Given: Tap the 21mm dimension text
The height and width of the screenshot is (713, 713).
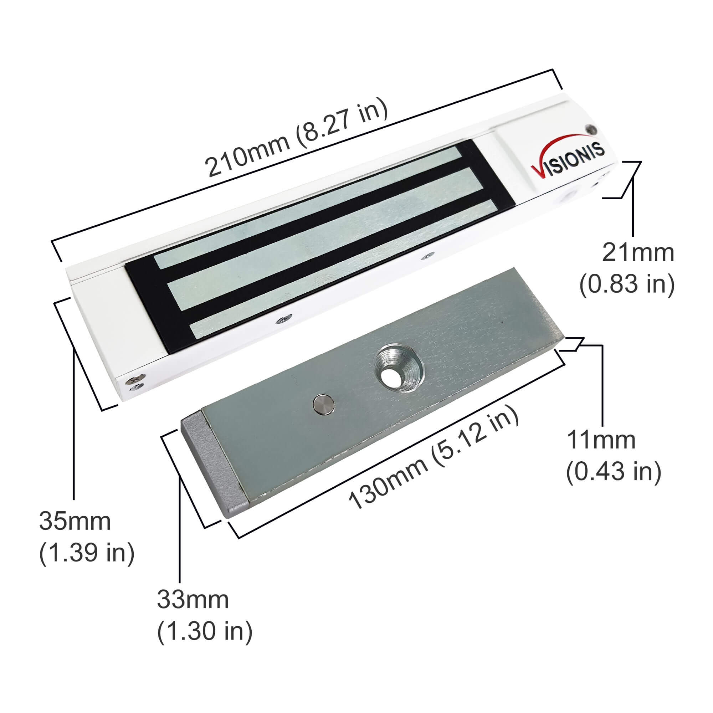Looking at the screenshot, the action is pyautogui.click(x=638, y=253).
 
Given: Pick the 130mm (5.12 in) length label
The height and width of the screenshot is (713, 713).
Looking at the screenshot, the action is pyautogui.click(x=434, y=458).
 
